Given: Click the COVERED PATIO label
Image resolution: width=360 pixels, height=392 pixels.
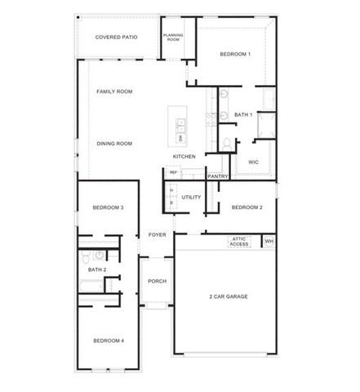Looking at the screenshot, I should click(x=116, y=37).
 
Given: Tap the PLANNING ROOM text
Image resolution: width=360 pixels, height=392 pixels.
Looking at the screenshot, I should click(x=173, y=37).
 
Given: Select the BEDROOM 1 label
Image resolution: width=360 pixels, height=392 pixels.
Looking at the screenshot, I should click(x=235, y=54).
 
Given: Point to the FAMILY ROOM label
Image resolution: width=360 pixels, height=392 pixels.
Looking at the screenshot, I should click(x=114, y=91).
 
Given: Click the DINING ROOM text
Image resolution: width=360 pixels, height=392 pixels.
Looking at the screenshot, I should click(x=114, y=144).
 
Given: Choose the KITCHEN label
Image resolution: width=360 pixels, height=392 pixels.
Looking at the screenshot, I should click(x=184, y=156).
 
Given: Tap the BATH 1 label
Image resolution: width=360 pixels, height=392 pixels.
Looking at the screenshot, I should click(x=243, y=115).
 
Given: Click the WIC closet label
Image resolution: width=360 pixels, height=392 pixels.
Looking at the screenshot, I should click(x=253, y=163).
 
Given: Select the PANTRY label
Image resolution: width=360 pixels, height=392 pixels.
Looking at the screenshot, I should click(x=217, y=176).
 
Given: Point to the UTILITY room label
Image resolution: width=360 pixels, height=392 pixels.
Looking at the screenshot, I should click(x=191, y=197).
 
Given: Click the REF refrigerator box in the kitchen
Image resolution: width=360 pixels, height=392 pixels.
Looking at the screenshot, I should click(x=173, y=172).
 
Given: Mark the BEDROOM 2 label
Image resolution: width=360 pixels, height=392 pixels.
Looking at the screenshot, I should click(x=247, y=207).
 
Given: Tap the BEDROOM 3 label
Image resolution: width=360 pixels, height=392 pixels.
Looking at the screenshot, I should click(x=108, y=207).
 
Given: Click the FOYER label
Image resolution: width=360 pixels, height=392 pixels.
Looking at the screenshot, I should click(x=158, y=235).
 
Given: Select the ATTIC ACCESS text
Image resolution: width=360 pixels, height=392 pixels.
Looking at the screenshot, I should click(x=239, y=242).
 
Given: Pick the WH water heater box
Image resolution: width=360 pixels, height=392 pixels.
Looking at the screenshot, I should click(x=269, y=241).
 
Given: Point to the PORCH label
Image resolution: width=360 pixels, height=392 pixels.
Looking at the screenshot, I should click(x=157, y=281).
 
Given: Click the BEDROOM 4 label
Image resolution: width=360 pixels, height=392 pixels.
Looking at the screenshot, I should click(x=108, y=341).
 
